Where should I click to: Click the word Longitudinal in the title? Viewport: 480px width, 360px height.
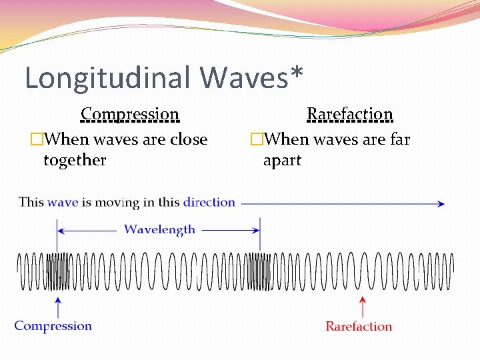click(108, 78)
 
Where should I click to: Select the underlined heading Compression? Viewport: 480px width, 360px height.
click(130, 115)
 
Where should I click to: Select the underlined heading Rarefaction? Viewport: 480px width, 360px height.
click(349, 115)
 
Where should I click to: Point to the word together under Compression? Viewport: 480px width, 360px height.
click(75, 160)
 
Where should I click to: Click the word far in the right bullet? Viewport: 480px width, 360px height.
click(399, 139)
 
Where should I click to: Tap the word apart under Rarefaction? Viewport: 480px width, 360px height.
click(282, 161)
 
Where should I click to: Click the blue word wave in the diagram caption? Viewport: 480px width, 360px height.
click(63, 202)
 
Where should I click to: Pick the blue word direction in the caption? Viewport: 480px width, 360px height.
click(209, 202)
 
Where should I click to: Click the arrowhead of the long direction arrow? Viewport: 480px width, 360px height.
click(441, 204)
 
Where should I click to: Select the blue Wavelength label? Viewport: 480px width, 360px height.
click(159, 229)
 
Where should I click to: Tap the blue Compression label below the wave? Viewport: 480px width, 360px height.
click(53, 326)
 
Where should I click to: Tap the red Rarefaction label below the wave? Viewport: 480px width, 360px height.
click(359, 327)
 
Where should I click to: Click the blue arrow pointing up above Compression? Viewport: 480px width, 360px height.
click(59, 307)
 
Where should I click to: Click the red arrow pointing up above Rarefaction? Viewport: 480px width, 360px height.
click(362, 307)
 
